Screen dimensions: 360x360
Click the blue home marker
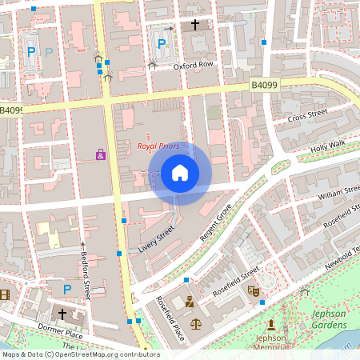[179, 173]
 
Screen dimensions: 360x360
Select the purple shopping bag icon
[101, 154]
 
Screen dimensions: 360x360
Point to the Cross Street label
[308, 117]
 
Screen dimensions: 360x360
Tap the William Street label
[338, 193]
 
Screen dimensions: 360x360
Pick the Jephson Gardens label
[328, 319]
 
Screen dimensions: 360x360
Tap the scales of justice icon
[196, 326]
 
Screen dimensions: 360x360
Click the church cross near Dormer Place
[62, 314]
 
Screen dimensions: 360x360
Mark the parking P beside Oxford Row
[162, 44]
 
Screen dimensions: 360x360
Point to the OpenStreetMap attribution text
[80, 354]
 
